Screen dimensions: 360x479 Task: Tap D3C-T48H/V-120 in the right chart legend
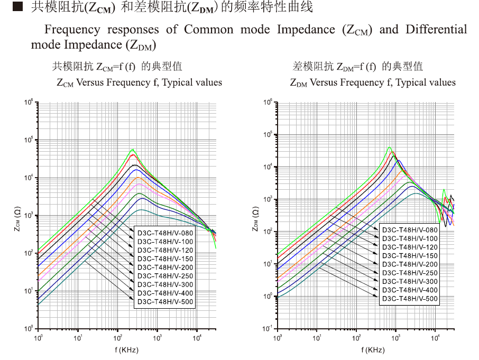(410, 247)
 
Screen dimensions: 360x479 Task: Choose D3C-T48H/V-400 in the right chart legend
(410, 290)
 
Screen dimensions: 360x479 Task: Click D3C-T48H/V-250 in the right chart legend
(410, 273)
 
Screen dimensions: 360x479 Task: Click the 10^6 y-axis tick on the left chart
(29, 102)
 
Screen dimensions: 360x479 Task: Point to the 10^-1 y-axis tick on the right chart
(268, 328)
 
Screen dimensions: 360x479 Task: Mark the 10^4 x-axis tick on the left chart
(197, 337)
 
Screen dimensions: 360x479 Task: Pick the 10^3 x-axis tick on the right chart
(396, 337)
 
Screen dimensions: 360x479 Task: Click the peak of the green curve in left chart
(133, 150)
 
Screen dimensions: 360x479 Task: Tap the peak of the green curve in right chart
(390, 147)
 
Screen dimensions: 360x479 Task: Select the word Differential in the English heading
(436, 29)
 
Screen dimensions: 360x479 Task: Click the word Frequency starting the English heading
(72, 29)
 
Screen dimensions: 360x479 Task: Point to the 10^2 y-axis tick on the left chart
(29, 253)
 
